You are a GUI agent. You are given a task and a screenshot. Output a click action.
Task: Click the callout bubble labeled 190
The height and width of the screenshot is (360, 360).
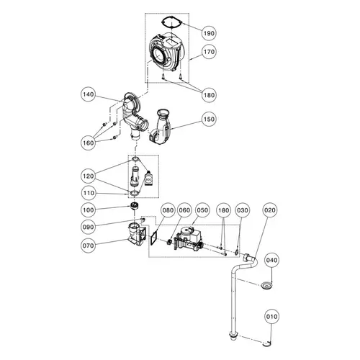(208, 34)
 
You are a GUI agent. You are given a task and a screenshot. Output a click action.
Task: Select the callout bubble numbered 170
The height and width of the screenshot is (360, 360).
(208, 52)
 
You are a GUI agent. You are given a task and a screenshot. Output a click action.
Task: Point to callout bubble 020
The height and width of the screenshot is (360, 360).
(270, 210)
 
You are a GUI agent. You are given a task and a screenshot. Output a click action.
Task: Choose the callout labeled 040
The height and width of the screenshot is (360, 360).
(272, 259)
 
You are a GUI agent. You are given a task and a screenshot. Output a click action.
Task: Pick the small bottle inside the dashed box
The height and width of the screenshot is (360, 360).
(148, 179)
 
